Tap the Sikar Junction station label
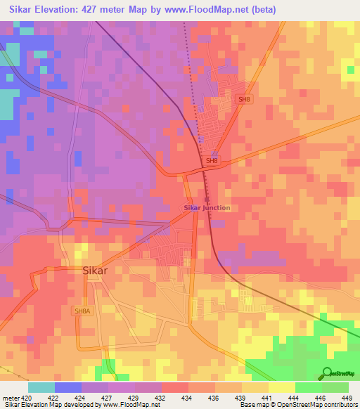pyautogui.click(x=207, y=208)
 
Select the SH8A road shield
pyautogui.click(x=83, y=310)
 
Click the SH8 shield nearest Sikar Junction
pyautogui.click(x=211, y=162)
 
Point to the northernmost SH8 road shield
pyautogui.click(x=244, y=100)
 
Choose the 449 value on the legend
pyautogui.click(x=347, y=398)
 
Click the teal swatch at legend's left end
pyautogui.click(x=41, y=387)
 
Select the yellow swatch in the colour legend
pyautogui.click(x=281, y=387)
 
